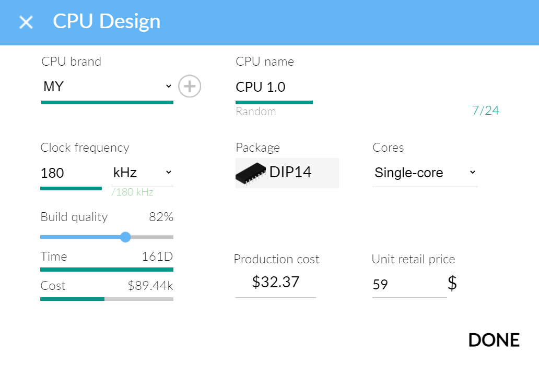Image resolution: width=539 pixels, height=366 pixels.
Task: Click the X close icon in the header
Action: click(x=26, y=22)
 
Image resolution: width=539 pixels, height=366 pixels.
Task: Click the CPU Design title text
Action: click(x=107, y=21)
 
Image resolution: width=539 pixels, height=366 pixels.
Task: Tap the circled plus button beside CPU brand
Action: click(x=190, y=87)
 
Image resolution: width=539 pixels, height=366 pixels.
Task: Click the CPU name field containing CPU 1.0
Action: click(x=274, y=87)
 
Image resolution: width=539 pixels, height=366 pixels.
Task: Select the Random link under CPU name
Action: click(x=255, y=112)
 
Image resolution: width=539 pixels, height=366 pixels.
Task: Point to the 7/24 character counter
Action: click(x=485, y=111)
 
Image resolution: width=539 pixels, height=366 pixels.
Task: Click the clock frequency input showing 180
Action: click(x=71, y=173)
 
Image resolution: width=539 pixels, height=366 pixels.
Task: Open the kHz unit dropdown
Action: click(x=142, y=173)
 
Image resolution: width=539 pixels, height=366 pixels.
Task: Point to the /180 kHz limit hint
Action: click(x=132, y=192)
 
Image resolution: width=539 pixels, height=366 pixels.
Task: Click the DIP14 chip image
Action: click(x=251, y=173)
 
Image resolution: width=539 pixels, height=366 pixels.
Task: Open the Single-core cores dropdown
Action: click(x=425, y=173)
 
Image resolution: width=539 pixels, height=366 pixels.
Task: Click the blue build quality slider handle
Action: click(x=125, y=237)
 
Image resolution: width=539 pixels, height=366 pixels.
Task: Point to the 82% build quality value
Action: click(x=161, y=217)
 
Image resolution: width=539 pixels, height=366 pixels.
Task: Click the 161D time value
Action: click(x=157, y=257)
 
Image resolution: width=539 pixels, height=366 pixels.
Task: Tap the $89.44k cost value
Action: click(x=150, y=286)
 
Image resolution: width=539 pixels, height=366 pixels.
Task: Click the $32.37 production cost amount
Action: click(x=276, y=282)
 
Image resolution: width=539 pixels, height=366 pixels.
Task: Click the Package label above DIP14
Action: click(x=257, y=148)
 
